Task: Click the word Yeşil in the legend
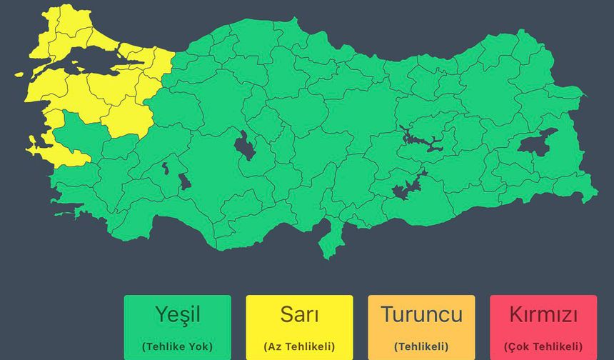coord(177,314)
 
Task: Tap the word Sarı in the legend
coord(299,314)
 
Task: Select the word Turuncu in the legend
coord(421,314)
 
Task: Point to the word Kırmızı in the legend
coord(543,314)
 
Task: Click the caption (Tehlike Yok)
coord(177,346)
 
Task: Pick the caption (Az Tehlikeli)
coord(299,346)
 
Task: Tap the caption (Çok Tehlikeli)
coord(543,346)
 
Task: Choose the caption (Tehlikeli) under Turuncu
coord(421,346)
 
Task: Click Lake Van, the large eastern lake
coord(537,144)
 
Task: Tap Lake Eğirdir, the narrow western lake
coord(166,169)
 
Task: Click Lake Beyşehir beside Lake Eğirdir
coord(183,181)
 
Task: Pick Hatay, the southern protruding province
coord(331,239)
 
